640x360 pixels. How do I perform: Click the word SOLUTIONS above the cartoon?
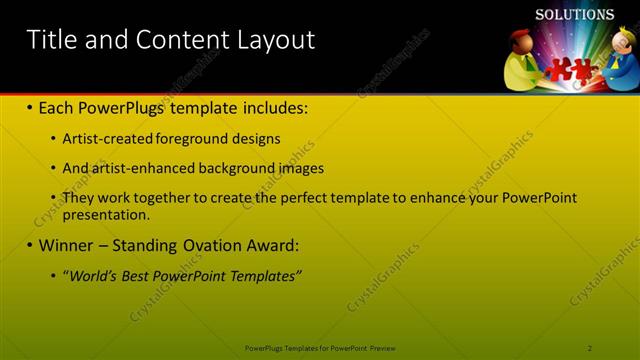pos(574,15)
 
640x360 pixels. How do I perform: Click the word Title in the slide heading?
pos(51,40)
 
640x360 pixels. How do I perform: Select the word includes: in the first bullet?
pos(271,106)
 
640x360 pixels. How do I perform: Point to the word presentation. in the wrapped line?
pos(106,214)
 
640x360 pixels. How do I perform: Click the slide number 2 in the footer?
pos(590,348)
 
